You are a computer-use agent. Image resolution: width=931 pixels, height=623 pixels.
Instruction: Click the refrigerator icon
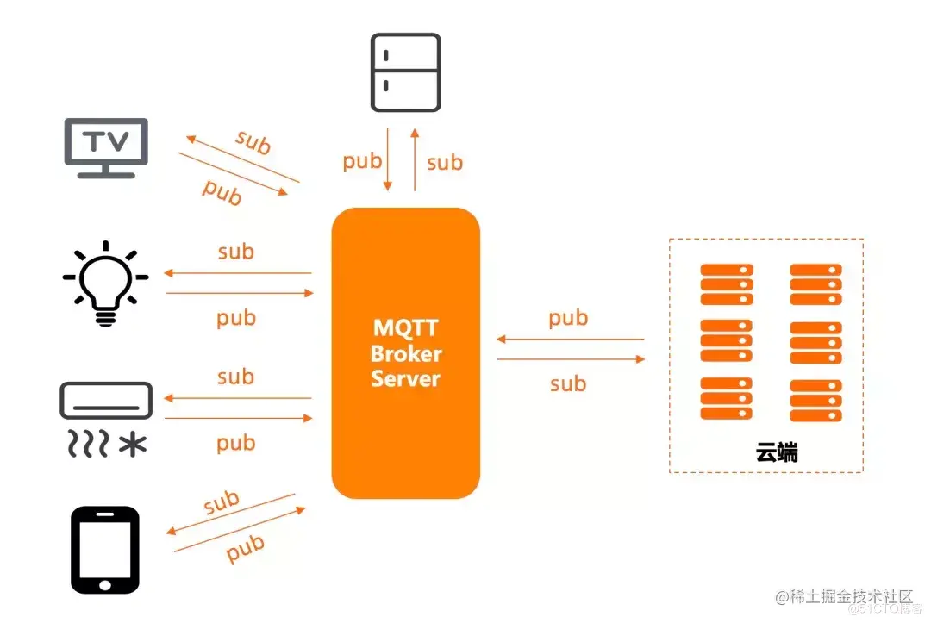point(405,72)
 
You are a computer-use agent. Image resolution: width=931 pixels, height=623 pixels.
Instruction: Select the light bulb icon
point(105,281)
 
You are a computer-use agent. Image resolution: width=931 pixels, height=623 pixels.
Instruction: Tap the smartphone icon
point(104,549)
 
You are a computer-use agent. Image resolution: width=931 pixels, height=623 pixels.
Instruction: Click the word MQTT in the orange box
point(405,328)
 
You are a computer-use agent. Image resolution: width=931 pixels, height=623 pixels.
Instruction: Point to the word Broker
point(405,353)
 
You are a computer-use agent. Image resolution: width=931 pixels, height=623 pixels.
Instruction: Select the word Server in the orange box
point(405,378)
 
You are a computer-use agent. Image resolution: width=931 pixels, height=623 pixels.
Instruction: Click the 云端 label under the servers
point(776,452)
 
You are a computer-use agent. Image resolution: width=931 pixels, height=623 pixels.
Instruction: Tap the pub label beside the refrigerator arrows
point(362,161)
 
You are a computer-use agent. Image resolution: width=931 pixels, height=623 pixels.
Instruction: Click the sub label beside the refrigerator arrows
point(444,162)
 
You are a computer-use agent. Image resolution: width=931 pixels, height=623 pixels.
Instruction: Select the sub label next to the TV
point(253,142)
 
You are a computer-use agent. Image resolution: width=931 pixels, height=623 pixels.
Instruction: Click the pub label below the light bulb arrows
point(236,318)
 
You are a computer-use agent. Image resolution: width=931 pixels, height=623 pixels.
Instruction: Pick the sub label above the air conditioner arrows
point(235,377)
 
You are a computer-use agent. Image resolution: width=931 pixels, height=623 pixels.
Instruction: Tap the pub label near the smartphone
point(245,548)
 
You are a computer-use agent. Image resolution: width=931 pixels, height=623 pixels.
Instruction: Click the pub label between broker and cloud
point(568,318)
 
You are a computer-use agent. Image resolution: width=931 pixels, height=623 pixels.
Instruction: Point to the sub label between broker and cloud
point(568,383)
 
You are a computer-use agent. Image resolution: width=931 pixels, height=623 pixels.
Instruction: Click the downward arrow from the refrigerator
point(388,159)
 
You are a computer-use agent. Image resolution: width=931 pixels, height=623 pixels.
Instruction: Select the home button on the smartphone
point(104,583)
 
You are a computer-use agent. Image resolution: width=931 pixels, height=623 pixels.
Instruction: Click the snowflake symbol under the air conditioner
point(132,445)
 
